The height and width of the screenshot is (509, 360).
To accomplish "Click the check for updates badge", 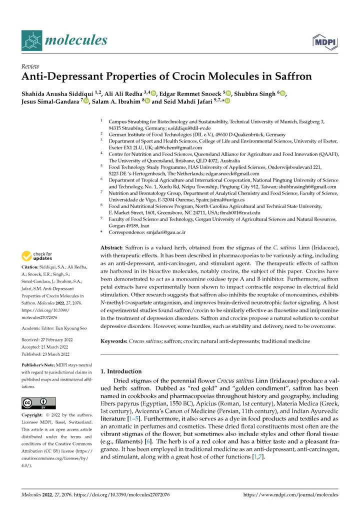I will (x=37, y=256).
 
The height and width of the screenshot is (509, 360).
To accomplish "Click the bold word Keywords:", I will (x=114, y=341).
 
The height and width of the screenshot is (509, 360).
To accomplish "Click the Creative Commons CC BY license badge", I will (x=38, y=403).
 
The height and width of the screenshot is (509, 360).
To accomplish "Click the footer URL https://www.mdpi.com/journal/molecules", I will (x=290, y=495).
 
